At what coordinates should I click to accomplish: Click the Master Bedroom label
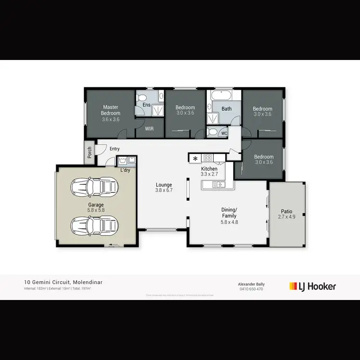click(x=110, y=110)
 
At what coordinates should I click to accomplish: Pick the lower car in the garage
click(x=95, y=224)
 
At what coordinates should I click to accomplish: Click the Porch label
click(x=89, y=152)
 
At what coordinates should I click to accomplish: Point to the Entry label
click(x=114, y=149)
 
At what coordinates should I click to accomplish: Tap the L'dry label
click(x=124, y=170)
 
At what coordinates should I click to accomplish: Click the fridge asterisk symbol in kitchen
click(x=195, y=158)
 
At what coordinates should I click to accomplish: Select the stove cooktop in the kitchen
click(x=208, y=157)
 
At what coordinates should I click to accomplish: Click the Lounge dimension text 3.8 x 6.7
click(x=164, y=190)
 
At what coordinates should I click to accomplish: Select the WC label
click(x=224, y=133)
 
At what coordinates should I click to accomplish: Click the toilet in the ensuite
click(x=142, y=98)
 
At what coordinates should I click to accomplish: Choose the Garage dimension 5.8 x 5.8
click(x=96, y=210)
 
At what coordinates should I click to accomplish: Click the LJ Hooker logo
click(x=312, y=287)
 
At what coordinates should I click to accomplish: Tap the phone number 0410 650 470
click(x=251, y=289)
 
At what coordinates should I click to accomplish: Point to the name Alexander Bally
click(x=251, y=284)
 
